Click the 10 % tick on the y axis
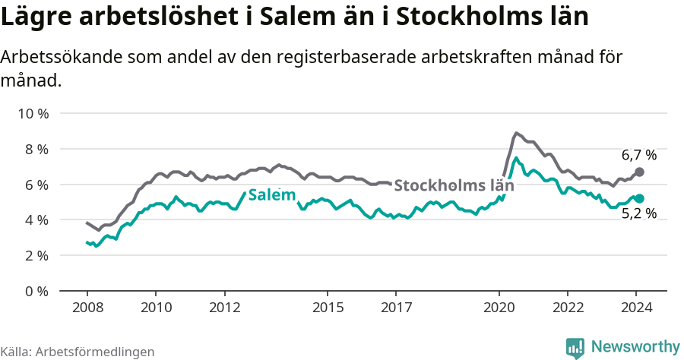tap(33, 114)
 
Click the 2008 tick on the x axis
tap(87, 308)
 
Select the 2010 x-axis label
tap(156, 308)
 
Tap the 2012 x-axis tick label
tap(224, 308)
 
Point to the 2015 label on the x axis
tap(328, 308)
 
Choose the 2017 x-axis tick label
tap(396, 308)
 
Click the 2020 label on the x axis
tap(499, 308)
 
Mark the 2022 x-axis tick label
tap(568, 308)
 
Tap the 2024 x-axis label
tap(637, 308)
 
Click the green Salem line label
tap(271, 195)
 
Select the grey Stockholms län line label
tap(448, 185)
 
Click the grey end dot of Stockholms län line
tap(639, 172)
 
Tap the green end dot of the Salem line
tap(639, 198)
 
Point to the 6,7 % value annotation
tap(638, 155)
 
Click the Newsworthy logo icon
tap(575, 347)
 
